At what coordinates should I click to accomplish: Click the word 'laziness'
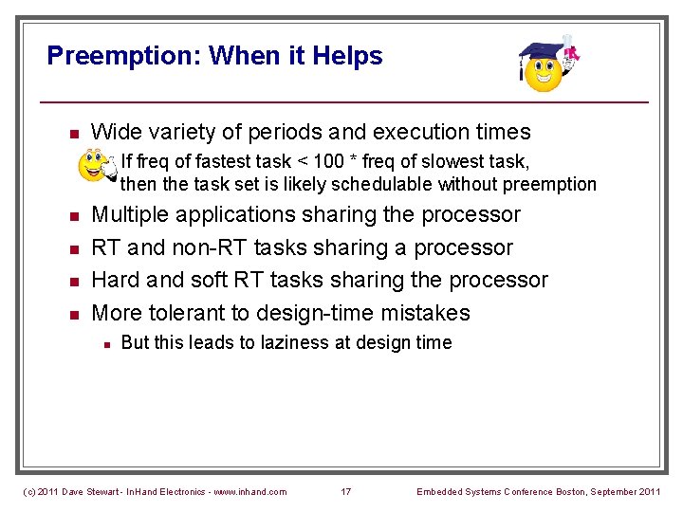tap(282, 342)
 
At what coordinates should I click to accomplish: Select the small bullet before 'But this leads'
tap(108, 343)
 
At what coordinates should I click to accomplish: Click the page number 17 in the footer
tap(345, 491)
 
